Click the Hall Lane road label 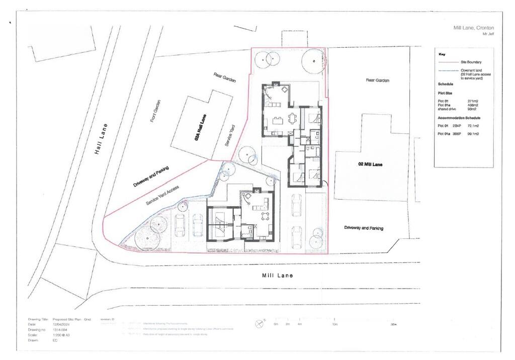point(102,139)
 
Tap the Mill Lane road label point(277,276)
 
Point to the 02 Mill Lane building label point(371,164)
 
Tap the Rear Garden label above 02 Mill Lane point(377,80)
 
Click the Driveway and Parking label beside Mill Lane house point(364,228)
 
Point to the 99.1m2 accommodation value point(473,134)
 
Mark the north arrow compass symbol point(260,324)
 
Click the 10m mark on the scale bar point(334,325)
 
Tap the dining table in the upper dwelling point(277,120)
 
